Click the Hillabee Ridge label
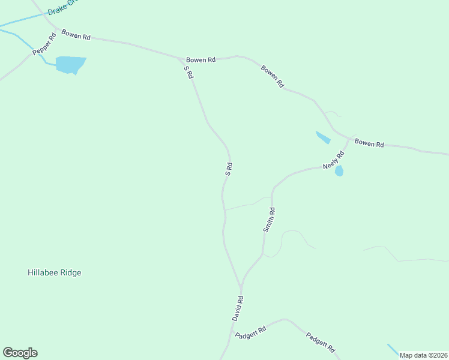pos(54,272)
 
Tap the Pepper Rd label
pos(44,44)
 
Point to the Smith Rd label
pos(269,220)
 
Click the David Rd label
pos(238,307)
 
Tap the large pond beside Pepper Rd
pos(70,64)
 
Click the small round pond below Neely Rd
pos(339,171)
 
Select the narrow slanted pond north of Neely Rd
pos(323,137)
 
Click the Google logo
pos(20,353)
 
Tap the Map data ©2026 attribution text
pos(423,355)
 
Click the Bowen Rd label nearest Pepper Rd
pos(76,36)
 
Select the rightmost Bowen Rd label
pos(369,143)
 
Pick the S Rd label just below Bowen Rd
pos(188,72)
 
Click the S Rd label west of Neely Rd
pos(229,168)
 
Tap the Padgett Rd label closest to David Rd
pos(250,332)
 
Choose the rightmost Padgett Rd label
pos(320,342)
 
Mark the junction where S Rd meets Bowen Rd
pos(182,59)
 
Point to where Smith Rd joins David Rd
pos(241,285)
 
